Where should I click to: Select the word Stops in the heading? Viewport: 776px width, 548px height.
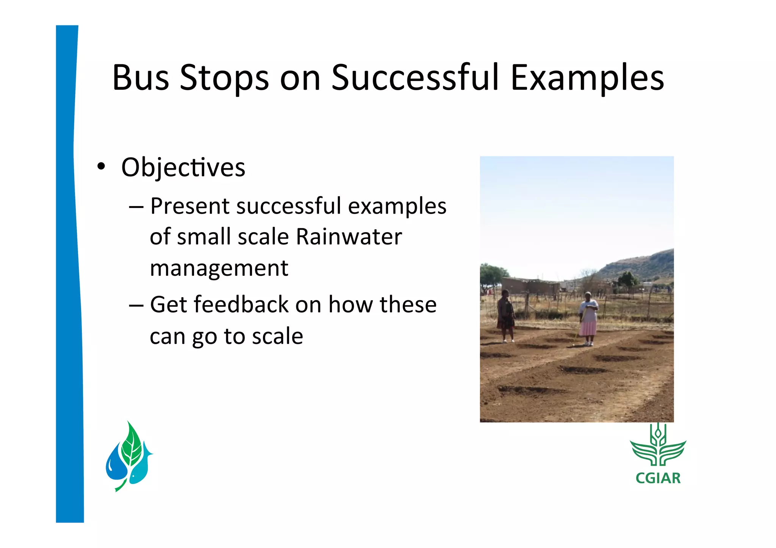pos(224,78)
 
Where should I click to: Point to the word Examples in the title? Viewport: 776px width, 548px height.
pos(587,78)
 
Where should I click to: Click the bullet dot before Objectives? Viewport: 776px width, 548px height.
pos(100,166)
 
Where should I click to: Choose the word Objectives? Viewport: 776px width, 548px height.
pos(183,167)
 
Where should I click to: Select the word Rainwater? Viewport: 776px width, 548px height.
pos(349,237)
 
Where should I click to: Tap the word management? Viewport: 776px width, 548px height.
pos(219,268)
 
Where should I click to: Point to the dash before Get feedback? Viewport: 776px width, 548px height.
pos(136,305)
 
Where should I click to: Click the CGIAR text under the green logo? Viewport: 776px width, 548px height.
pos(658,478)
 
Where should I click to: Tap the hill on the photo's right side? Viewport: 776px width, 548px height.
pos(640,265)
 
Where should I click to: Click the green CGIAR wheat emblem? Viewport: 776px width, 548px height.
pos(658,447)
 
